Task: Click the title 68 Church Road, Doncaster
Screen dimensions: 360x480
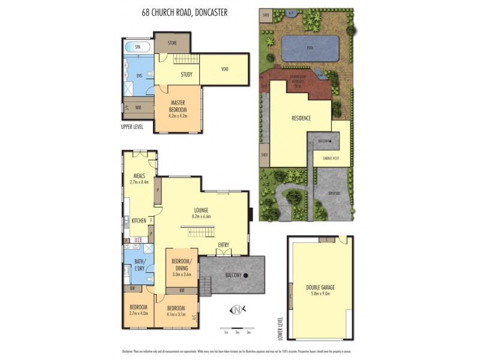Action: tap(184, 11)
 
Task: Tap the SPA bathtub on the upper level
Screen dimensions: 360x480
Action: tap(137, 46)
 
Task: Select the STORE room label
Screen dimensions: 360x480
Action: tap(172, 43)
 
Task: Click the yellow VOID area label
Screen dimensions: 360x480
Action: tap(224, 69)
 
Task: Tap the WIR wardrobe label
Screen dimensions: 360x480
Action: tap(138, 108)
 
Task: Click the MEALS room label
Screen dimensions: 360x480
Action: tap(140, 176)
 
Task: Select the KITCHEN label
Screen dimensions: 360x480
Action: tap(139, 221)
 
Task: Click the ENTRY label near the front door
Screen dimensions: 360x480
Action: tap(223, 244)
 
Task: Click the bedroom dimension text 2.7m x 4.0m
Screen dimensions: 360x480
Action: tap(139, 313)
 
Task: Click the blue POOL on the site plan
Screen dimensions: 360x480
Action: tap(309, 48)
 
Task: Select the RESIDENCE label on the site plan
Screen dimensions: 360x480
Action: tap(301, 118)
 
